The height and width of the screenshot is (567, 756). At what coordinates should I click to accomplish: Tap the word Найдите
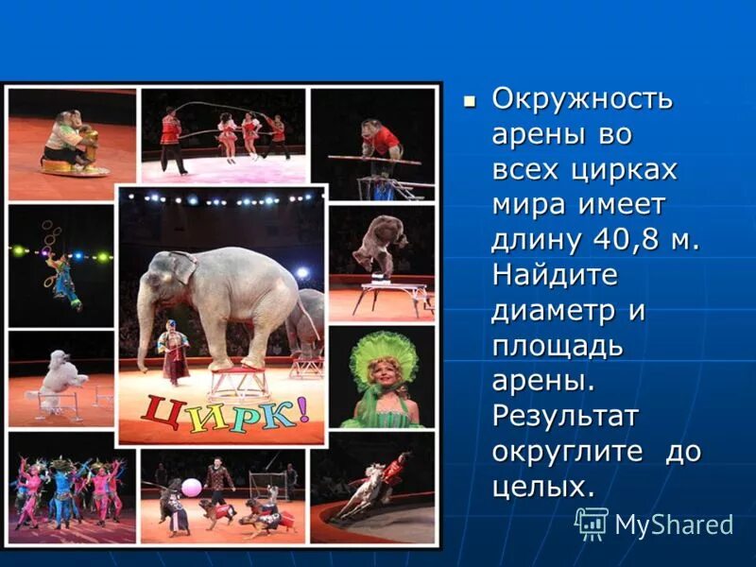tap(555, 276)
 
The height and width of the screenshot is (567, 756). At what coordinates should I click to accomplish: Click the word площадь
tap(558, 347)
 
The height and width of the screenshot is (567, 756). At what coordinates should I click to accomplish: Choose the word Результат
tap(564, 416)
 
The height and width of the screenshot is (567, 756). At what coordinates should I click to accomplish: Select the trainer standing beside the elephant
tap(173, 350)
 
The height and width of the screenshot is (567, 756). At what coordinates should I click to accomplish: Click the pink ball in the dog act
tap(191, 488)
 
